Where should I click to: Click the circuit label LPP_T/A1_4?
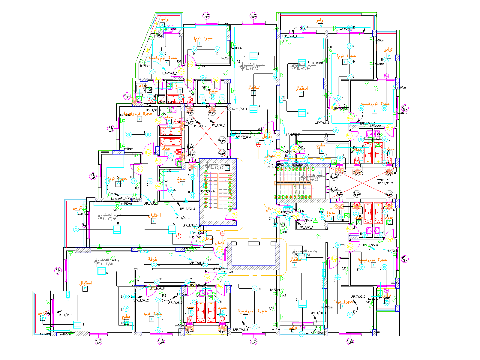click(x=289, y=36)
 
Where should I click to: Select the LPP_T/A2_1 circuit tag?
click(x=218, y=125)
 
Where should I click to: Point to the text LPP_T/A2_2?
click(x=199, y=126)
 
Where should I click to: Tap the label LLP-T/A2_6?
click(x=170, y=73)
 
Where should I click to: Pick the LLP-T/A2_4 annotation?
click(x=240, y=109)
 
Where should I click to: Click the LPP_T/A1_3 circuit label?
click(x=367, y=123)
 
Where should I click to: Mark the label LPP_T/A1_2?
click(x=385, y=183)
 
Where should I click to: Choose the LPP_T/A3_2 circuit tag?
click(x=187, y=209)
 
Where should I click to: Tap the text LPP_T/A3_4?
click(x=182, y=218)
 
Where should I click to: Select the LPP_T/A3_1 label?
click(x=190, y=226)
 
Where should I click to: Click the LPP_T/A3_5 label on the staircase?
click(x=207, y=191)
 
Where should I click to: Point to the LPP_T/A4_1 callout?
click(x=65, y=315)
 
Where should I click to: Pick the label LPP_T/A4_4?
click(x=241, y=330)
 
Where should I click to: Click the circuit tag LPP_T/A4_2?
click(x=141, y=300)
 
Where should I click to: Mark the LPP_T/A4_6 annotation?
click(x=157, y=289)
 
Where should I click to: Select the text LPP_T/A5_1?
click(x=318, y=313)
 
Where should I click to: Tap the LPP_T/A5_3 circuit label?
click(x=358, y=297)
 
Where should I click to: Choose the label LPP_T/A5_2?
click(x=306, y=227)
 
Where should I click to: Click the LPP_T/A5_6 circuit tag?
click(x=370, y=245)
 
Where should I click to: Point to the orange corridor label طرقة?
click(x=153, y=259)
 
